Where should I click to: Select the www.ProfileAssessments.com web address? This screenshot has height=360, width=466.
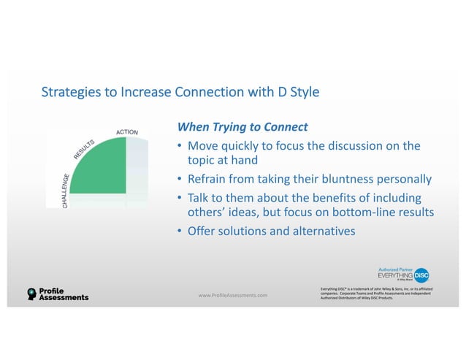[x=233, y=295]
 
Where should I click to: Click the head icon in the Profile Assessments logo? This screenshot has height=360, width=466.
[x=31, y=294]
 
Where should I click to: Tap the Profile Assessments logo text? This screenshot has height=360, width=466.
[x=64, y=294]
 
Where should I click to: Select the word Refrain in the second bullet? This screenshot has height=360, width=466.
[x=211, y=179]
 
